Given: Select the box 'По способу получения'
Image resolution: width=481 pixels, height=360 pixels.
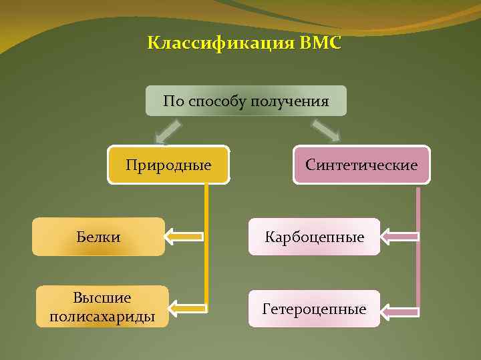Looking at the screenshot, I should tap(246, 101).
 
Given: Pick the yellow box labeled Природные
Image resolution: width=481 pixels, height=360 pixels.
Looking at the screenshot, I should tap(168, 165).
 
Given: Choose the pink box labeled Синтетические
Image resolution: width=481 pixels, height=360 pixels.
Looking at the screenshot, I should tap(361, 165).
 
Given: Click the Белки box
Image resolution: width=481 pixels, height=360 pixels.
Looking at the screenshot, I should tap(98, 237).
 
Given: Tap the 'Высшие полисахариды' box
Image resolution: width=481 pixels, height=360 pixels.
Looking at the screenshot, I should tap(102, 307).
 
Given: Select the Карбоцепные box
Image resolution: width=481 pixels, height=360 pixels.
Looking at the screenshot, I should tap(315, 237).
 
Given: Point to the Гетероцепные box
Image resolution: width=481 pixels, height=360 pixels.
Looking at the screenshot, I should tap(314, 309).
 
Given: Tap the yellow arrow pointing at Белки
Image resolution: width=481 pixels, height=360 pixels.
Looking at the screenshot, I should tap(184, 236).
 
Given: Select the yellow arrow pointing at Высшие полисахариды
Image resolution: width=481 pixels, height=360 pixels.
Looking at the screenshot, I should tap(187, 307).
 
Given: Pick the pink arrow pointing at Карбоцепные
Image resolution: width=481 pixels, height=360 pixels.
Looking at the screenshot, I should tap(400, 236).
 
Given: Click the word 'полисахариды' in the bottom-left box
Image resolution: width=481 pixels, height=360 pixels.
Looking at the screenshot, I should tap(102, 316).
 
